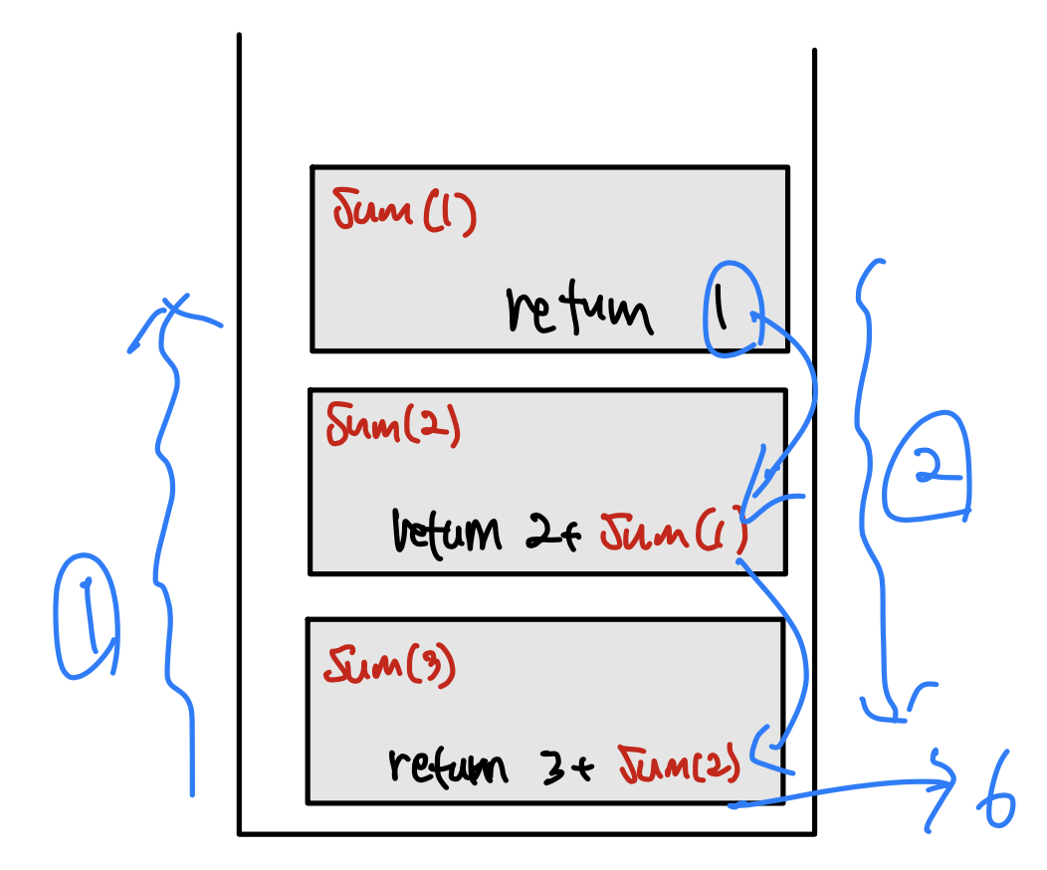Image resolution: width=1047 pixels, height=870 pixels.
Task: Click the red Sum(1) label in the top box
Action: pyautogui.click(x=404, y=212)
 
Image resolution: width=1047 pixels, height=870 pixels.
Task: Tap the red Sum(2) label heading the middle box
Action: pyautogui.click(x=392, y=427)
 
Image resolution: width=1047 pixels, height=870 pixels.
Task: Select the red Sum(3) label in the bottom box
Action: pyautogui.click(x=389, y=665)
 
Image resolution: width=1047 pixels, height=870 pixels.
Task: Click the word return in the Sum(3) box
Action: pyautogui.click(x=447, y=766)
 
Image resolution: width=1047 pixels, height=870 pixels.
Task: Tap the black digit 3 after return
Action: pyautogui.click(x=549, y=766)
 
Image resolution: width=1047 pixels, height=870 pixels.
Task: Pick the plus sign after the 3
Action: pyautogui.click(x=584, y=767)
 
